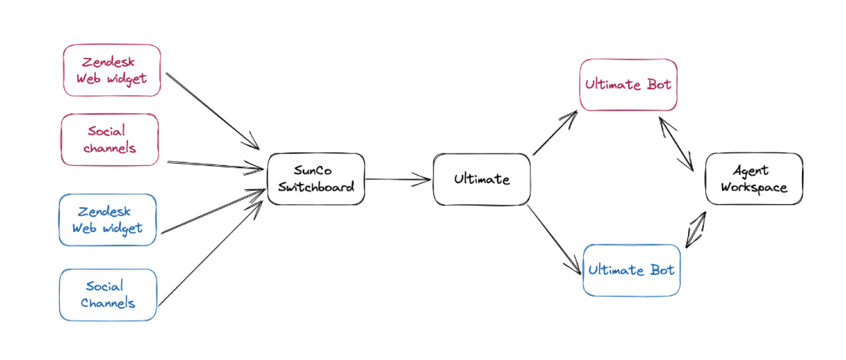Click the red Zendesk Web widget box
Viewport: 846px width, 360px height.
tap(112, 71)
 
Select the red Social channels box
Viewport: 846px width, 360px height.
tap(109, 139)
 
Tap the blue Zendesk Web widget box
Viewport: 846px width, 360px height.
tap(107, 220)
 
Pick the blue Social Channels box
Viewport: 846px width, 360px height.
tap(107, 295)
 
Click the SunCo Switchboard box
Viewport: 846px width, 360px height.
tap(316, 179)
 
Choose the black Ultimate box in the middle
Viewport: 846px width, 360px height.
tap(481, 179)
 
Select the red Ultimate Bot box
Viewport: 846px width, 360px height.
tap(628, 85)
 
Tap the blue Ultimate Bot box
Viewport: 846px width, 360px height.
tap(631, 270)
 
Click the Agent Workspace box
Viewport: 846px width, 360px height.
tap(754, 179)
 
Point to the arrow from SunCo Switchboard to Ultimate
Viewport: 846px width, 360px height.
tap(398, 180)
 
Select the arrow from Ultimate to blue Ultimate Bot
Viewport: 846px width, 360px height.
tap(555, 240)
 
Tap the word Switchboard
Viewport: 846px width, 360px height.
tap(316, 187)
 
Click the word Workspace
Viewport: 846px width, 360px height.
tap(754, 187)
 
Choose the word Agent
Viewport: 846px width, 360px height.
tap(751, 170)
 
